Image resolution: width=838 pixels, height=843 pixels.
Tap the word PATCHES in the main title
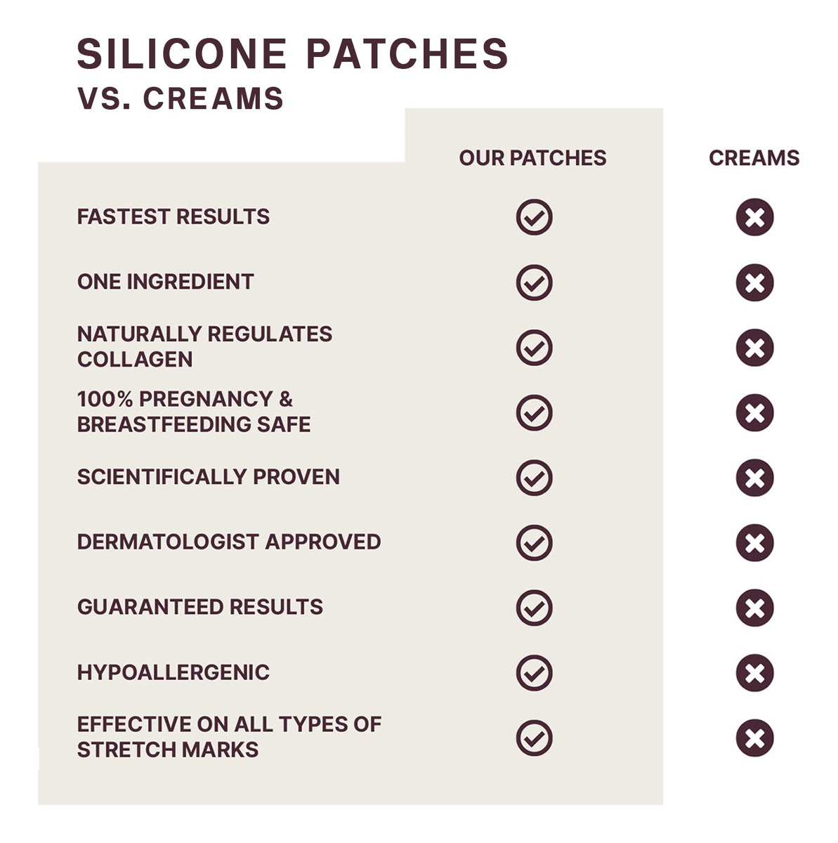tap(407, 54)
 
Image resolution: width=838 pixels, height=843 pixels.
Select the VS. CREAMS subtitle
tap(181, 98)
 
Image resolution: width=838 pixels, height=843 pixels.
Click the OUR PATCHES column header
tap(532, 158)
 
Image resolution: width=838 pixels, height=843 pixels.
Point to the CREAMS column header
tap(754, 158)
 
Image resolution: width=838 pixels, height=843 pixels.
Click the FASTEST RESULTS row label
tap(174, 216)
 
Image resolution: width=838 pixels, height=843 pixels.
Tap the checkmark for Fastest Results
tap(534, 217)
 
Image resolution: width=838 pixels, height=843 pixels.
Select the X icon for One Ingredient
tap(754, 282)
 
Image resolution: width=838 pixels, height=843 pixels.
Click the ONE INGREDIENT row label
tap(165, 282)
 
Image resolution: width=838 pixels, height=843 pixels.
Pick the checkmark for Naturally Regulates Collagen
tap(534, 348)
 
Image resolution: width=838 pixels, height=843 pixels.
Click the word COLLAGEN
tap(135, 360)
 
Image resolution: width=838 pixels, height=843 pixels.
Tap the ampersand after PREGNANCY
tap(285, 399)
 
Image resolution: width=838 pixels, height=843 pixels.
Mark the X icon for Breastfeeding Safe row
tap(754, 412)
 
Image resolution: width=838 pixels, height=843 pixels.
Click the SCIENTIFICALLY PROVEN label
tap(209, 477)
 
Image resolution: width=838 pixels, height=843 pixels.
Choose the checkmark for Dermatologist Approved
tap(534, 543)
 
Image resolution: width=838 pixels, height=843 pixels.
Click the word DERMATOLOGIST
tap(168, 542)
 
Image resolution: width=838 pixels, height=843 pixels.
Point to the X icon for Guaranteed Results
tap(754, 608)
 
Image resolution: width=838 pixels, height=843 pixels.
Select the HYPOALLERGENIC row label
tap(174, 672)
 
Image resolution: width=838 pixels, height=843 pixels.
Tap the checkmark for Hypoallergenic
tap(534, 673)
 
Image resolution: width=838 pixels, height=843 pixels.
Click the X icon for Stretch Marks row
tap(754, 738)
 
